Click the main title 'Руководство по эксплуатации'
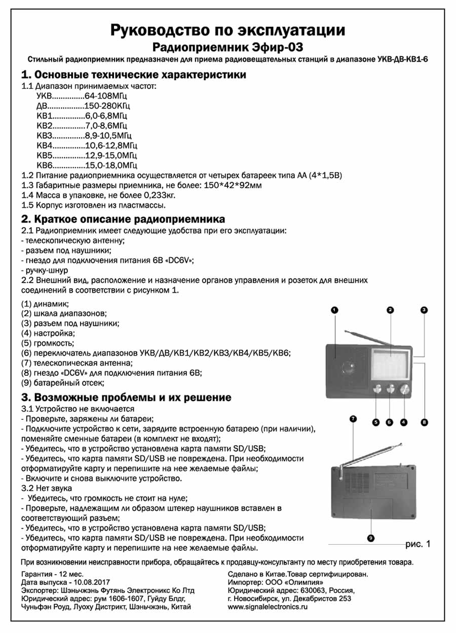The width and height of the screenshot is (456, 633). pyautogui.click(x=228, y=30)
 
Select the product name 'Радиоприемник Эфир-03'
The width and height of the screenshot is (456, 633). pyautogui.click(x=228, y=48)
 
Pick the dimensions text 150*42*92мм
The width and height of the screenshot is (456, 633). pyautogui.click(x=232, y=186)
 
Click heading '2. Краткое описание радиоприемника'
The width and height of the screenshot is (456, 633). pyautogui.click(x=123, y=219)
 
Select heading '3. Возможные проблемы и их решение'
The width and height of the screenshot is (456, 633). pyautogui.click(x=126, y=397)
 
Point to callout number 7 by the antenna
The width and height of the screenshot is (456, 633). pyautogui.click(x=353, y=419)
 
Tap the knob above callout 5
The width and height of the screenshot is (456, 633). pyautogui.click(x=377, y=390)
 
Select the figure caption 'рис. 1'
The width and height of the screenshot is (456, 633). pyautogui.click(x=417, y=544)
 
